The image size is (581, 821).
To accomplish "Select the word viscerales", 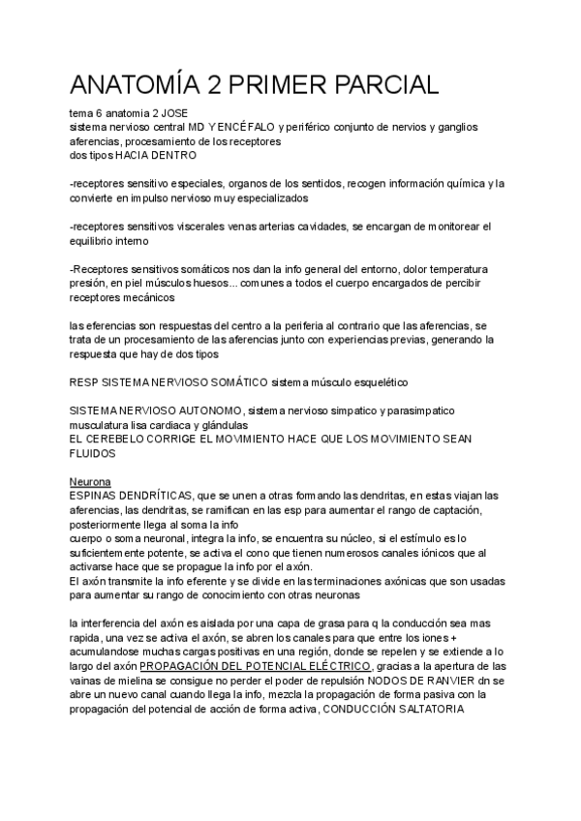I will point(210,226).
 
